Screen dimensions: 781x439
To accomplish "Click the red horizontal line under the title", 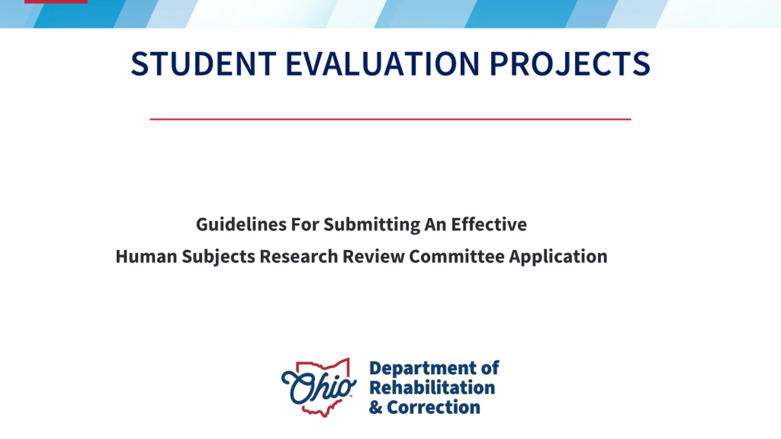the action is tap(390, 119).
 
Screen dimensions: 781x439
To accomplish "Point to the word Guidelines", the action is tap(241, 225).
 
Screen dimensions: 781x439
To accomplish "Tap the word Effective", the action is tap(489, 224).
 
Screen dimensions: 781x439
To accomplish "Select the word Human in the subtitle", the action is tap(146, 256).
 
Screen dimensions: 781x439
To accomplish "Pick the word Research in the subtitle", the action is tap(299, 256).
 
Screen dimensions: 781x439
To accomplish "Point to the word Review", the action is tap(373, 256).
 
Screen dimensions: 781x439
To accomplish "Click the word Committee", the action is tap(457, 256).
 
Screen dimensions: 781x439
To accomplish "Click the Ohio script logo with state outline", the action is tap(319, 387).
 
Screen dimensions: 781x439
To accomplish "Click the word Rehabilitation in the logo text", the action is tap(432, 387).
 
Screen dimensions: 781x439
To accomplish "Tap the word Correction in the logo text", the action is tap(434, 407).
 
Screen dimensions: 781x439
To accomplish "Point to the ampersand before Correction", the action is tap(376, 407).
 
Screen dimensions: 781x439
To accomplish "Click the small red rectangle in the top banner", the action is tap(56, 2).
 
